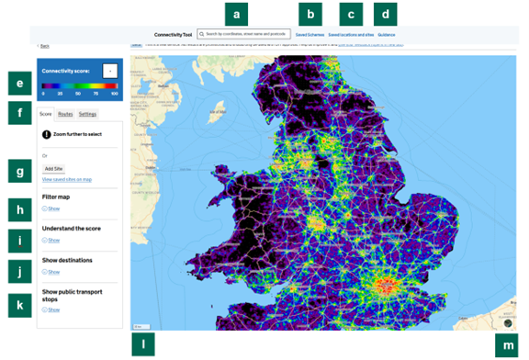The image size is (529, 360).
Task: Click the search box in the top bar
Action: tap(244, 34)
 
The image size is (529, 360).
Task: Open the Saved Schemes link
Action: tap(310, 34)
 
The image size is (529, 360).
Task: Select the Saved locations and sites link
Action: tap(350, 34)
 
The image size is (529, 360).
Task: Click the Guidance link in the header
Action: tap(386, 34)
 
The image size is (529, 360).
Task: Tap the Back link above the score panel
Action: tap(44, 45)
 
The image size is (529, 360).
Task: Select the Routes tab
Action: tap(65, 114)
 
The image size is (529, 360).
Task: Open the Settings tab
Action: tap(87, 114)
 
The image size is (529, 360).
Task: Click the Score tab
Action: tap(46, 114)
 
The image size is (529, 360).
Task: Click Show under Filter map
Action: tap(52, 208)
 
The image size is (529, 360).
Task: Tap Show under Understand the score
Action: tap(52, 241)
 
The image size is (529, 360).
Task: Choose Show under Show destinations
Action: tap(52, 273)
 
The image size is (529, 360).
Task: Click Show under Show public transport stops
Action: tap(52, 310)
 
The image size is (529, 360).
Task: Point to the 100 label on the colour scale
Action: tap(114, 94)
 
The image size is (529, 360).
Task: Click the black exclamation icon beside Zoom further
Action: tap(47, 134)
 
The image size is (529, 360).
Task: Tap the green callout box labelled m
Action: tap(507, 345)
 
